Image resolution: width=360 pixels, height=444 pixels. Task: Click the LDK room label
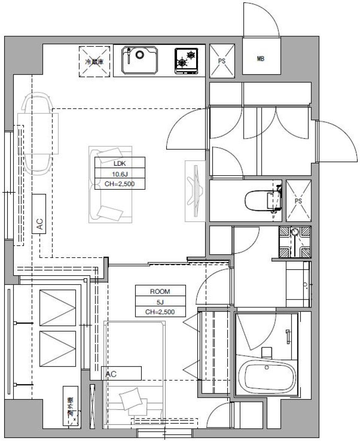[120, 163]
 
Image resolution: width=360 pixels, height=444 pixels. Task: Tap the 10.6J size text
[120, 174]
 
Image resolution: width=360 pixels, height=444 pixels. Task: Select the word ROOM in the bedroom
[160, 291]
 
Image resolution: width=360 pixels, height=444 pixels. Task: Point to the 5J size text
[160, 301]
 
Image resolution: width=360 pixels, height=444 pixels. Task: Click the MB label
[261, 59]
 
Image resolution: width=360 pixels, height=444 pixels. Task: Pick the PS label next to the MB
[222, 61]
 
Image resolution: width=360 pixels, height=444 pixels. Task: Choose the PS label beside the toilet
[298, 201]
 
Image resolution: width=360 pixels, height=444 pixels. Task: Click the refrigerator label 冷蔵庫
[94, 61]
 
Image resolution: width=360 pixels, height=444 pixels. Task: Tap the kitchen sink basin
[139, 60]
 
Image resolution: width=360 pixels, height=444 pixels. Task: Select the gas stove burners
[186, 60]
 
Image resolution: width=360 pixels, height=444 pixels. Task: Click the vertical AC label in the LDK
[39, 224]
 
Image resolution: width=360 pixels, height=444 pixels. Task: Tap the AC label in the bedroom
[112, 374]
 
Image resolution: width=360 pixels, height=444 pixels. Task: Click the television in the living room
[195, 191]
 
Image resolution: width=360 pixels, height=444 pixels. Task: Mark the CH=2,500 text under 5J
[160, 311]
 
